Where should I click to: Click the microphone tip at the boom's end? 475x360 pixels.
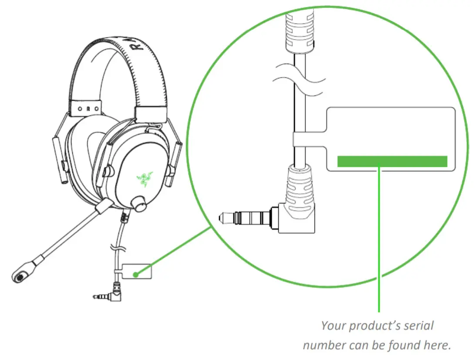point(20,275)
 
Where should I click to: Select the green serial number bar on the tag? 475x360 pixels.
point(392,161)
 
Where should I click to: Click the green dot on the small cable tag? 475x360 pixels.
point(136,274)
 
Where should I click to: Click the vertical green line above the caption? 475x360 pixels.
point(379,239)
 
